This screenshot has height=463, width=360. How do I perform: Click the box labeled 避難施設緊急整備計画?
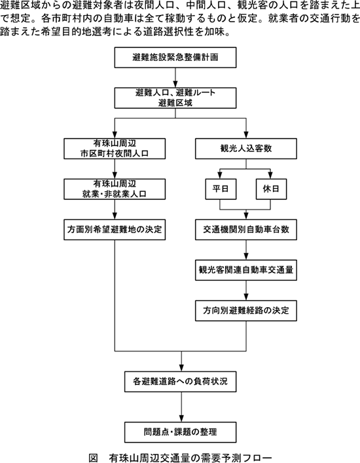click(175, 57)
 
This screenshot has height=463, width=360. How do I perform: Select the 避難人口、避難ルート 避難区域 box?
click(175, 98)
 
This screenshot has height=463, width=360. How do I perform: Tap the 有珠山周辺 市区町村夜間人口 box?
click(115, 149)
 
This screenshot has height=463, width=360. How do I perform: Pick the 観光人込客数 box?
click(246, 149)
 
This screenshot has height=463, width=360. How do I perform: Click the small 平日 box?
click(221, 189)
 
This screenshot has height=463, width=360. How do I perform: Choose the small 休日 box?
click(271, 189)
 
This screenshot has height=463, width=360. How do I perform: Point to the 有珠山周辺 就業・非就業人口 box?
click(115, 189)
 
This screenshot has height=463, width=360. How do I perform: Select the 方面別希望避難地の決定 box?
click(115, 229)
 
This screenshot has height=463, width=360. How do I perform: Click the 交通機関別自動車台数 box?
click(246, 229)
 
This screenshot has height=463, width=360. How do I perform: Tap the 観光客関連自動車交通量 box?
click(246, 270)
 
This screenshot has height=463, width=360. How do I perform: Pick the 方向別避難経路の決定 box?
click(246, 310)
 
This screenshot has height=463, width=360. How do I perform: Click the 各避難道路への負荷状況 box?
click(180, 382)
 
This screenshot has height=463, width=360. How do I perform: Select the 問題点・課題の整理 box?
click(180, 432)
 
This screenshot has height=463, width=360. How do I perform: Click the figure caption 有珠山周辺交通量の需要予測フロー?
click(190, 457)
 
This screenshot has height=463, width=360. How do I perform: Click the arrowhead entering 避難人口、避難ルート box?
click(175, 84)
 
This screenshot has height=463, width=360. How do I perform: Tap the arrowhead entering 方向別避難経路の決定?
click(246, 297)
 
